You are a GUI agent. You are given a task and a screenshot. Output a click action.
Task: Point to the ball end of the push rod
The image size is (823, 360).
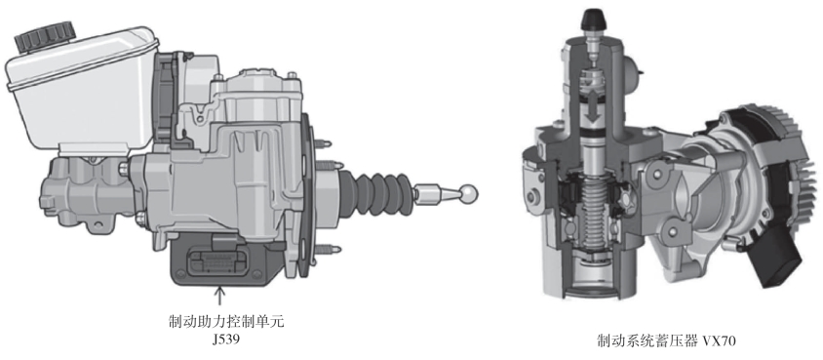point(469,192)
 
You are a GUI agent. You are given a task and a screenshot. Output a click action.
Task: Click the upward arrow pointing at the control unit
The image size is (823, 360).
point(220,295)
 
